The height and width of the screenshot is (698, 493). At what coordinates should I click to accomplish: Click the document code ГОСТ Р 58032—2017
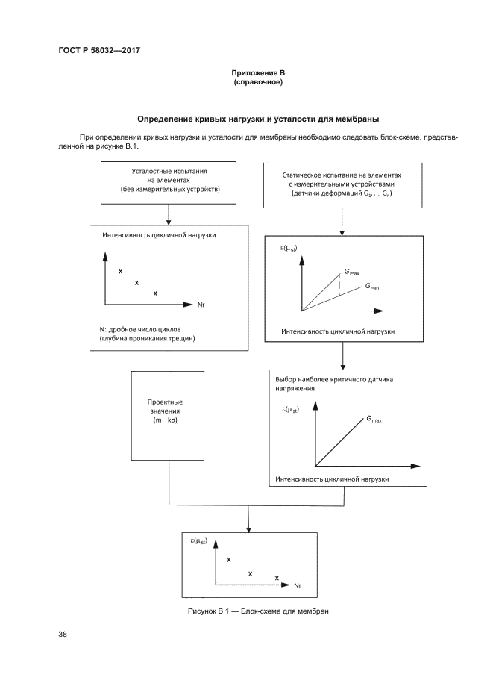click(98, 50)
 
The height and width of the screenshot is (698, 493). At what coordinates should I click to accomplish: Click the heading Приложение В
click(258, 73)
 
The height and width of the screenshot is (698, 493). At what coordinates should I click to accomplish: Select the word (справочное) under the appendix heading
click(258, 81)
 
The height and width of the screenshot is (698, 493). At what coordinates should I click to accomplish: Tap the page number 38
click(63, 635)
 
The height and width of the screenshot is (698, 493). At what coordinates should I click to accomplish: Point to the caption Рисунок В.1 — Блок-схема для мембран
click(257, 611)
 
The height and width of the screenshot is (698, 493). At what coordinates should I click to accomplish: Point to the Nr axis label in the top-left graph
click(201, 305)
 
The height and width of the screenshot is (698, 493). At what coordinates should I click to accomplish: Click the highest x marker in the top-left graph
click(121, 270)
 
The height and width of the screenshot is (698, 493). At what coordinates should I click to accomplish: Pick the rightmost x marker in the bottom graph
click(277, 578)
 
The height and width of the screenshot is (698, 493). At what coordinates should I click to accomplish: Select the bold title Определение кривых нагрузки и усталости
click(258, 119)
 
